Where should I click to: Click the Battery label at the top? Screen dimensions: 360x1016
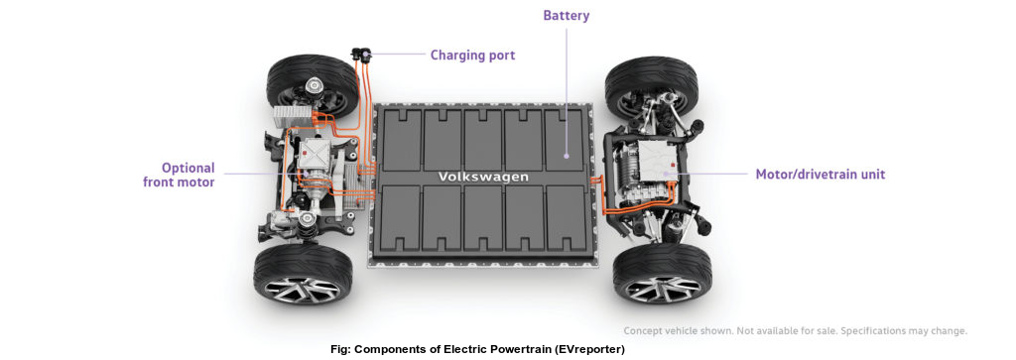click(x=568, y=16)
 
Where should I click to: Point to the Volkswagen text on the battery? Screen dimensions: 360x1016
click(x=484, y=177)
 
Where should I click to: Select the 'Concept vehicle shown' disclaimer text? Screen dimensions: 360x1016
click(x=795, y=331)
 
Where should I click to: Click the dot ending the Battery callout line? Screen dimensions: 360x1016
click(x=567, y=155)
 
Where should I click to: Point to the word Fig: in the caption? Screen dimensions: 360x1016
click(x=343, y=350)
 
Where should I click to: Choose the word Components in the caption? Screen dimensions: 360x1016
click(x=394, y=350)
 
